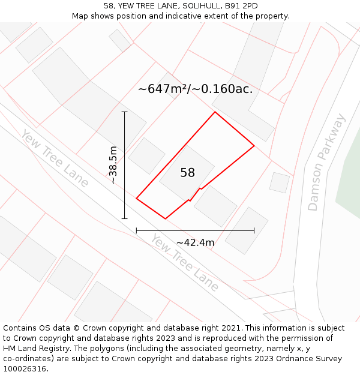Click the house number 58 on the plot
(188, 173)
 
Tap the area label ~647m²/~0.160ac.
(195, 89)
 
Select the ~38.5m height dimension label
(113, 164)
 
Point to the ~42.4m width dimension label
(195, 242)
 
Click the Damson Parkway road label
(326, 162)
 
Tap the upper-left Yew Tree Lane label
(55, 158)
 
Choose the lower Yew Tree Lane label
(184, 263)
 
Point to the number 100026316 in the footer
(24, 369)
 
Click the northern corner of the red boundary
(215, 112)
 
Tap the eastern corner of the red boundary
(254, 146)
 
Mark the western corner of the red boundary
(137, 198)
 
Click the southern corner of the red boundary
(165, 218)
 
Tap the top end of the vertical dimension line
(125, 112)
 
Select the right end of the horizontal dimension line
(254, 230)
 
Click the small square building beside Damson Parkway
(280, 182)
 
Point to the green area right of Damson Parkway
(350, 174)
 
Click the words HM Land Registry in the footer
(31, 349)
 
